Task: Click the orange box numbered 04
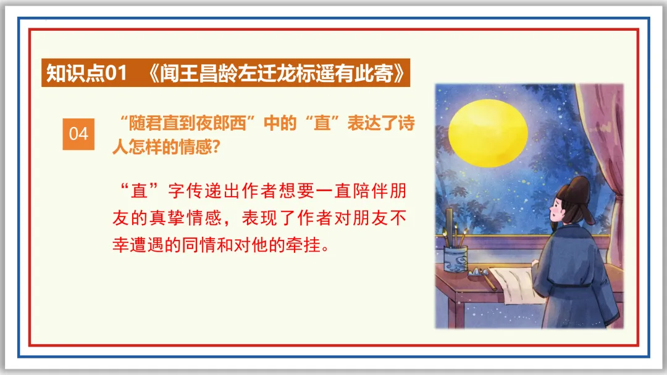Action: click(x=78, y=134)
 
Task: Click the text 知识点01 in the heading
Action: click(x=86, y=74)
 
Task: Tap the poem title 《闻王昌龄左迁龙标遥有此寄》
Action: click(x=279, y=74)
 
